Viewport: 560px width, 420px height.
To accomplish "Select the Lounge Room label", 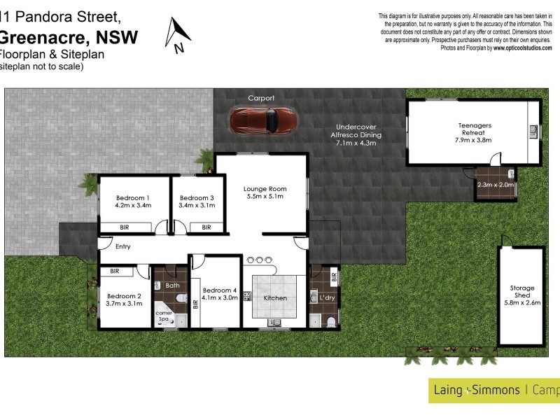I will [x=265, y=189].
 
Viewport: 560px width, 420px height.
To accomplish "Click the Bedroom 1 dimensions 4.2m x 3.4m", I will [x=133, y=206].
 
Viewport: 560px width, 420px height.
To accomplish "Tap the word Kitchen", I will [x=275, y=298].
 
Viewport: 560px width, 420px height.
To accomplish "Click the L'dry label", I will [x=327, y=298].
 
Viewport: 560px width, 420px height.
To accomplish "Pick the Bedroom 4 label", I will [x=220, y=290].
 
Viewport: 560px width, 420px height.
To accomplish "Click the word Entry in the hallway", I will [x=123, y=246].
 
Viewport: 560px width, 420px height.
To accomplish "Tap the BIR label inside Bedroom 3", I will [x=206, y=227].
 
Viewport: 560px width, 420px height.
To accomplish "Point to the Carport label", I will [x=261, y=98].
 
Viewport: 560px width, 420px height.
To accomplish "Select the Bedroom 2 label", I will [x=123, y=296].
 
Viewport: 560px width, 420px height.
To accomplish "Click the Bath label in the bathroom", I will [x=173, y=286].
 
